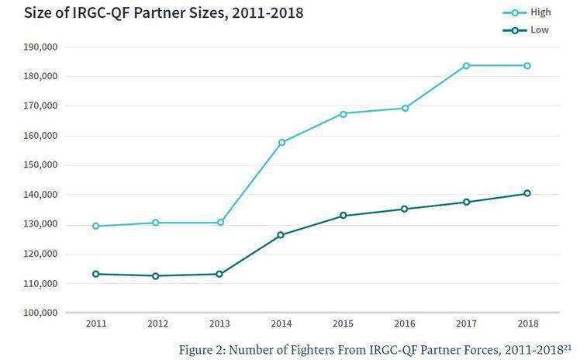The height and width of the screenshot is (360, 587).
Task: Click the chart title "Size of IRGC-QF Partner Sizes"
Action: pos(153,13)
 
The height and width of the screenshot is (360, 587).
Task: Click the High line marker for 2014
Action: pos(281,143)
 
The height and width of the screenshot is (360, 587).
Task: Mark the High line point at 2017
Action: pos(466,65)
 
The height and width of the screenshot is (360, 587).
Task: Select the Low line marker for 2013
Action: pos(219,274)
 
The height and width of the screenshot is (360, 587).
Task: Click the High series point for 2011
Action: pos(95,226)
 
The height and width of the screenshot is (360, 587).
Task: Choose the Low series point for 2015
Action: pos(343,216)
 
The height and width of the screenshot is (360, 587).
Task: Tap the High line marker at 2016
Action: pos(405,108)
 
